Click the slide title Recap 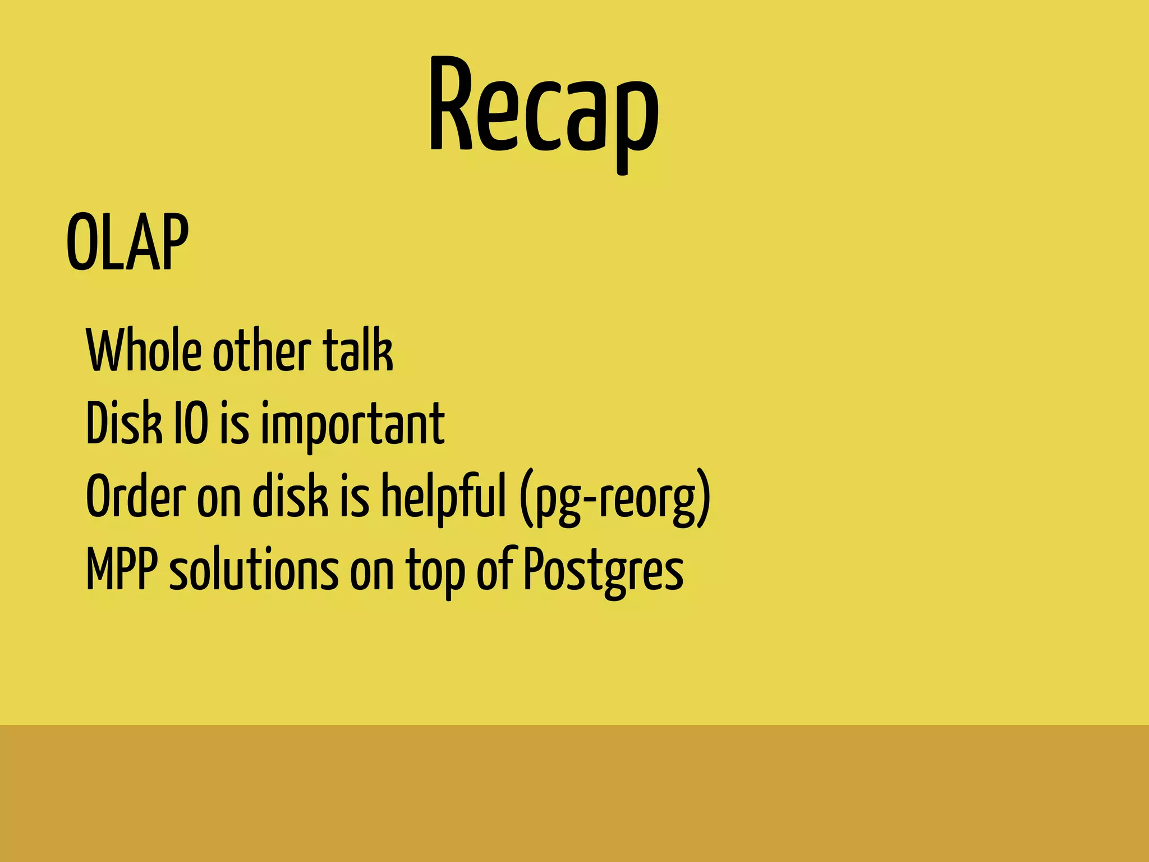point(543,107)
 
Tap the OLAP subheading point(127,242)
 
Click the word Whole point(144,350)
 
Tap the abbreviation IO point(191,423)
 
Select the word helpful point(443,497)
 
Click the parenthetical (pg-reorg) point(615,498)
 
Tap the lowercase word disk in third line point(290,496)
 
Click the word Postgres point(604,570)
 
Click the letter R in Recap point(451,104)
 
